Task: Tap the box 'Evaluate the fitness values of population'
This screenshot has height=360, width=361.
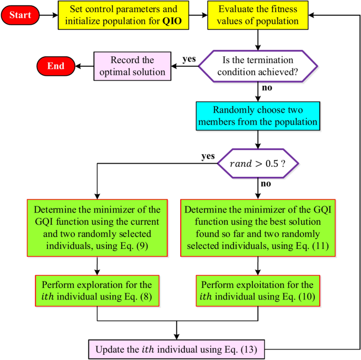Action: pos(258,15)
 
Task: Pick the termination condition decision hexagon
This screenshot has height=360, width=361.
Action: pos(258,66)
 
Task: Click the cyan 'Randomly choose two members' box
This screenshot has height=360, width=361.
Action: pos(258,116)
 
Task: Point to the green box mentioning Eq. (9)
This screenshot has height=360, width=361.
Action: pos(97,228)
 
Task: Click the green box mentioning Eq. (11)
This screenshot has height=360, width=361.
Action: pos(258,228)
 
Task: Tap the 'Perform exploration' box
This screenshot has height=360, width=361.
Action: pos(97,291)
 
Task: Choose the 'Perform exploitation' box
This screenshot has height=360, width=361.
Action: pos(258,291)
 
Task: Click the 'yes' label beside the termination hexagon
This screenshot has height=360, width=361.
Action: pos(189,59)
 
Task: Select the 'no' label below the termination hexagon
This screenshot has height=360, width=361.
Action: pos(267,88)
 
